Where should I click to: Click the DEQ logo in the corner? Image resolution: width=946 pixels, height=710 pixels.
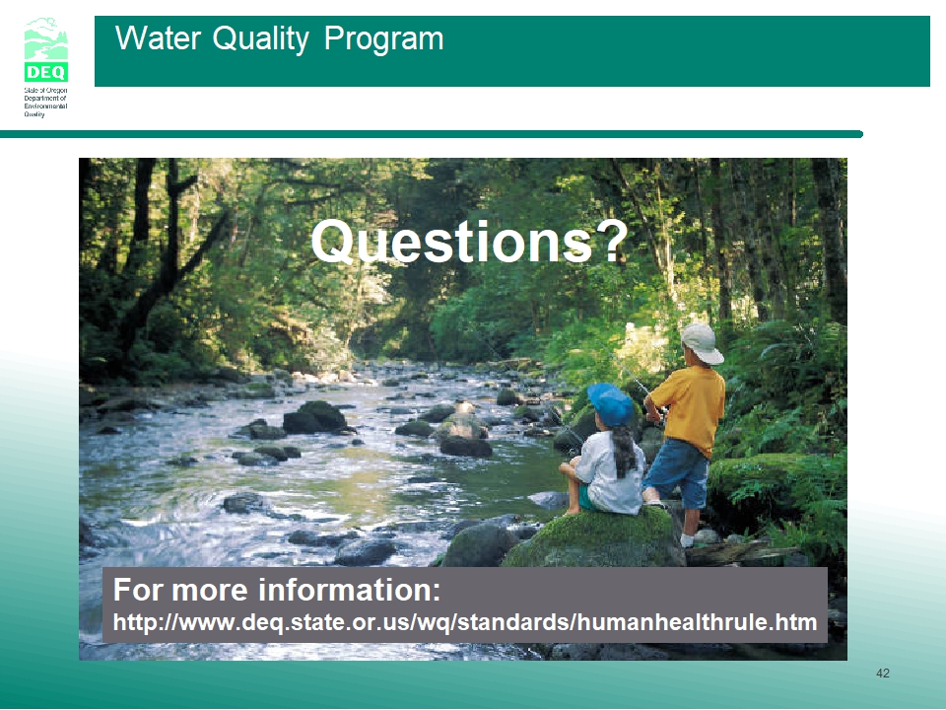46,49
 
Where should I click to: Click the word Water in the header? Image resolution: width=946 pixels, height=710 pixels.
158,38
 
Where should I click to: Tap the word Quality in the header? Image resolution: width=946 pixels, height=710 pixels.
260,39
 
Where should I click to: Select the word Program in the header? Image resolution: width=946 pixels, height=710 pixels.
383,39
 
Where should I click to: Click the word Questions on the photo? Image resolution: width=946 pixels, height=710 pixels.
451,242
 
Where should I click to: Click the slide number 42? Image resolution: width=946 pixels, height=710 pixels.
883,674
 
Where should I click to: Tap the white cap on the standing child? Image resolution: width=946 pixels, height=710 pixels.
703,342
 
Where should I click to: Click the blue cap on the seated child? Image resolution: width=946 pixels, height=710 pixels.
611,404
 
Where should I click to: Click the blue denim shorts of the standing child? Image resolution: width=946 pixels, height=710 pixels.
678,471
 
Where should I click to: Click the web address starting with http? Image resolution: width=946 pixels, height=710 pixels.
465,622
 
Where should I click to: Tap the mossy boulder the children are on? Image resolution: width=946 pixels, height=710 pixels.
594,537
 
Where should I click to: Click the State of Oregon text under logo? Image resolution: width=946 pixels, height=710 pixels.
45,102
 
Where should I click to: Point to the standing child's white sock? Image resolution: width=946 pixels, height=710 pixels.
687,539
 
